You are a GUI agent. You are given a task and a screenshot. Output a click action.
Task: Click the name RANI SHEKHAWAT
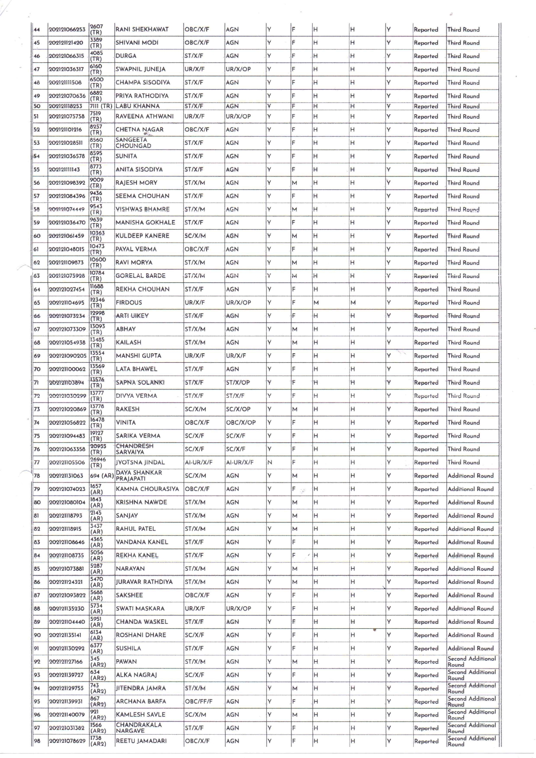point(142,30)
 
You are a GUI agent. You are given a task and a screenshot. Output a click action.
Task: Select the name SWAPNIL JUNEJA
point(140,69)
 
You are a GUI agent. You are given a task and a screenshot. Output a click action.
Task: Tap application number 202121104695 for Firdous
point(66,303)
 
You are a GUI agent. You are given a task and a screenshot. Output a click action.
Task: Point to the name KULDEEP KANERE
point(142,236)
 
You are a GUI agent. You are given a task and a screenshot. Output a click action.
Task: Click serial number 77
point(37,463)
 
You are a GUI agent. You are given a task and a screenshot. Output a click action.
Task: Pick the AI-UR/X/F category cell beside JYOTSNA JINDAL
point(198,463)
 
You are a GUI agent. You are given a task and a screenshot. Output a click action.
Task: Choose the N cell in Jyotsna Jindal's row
point(270,463)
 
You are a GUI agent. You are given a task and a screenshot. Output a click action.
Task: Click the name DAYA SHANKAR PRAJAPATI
point(139,476)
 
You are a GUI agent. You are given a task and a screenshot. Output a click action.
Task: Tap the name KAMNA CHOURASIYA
point(147,489)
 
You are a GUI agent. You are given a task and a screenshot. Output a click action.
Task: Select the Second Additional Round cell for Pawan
point(471,662)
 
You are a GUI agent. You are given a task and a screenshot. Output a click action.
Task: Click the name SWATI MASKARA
point(140,609)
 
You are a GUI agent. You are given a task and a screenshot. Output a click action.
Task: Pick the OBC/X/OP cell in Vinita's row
point(241,422)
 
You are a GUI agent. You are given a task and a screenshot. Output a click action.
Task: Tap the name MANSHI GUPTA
point(138,356)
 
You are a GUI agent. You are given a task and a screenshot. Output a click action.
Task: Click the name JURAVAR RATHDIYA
point(144,582)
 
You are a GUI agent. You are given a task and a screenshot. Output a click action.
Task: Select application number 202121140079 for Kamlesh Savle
point(66,715)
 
